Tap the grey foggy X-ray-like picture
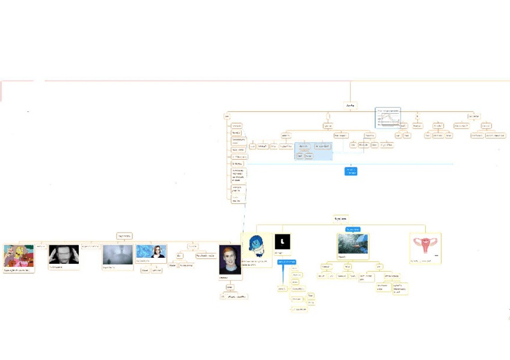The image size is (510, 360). tap(117, 254)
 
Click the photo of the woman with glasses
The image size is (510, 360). tap(151, 252)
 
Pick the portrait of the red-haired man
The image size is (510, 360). tap(230, 259)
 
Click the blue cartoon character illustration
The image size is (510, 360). tap(256, 246)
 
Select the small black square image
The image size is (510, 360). tap(283, 242)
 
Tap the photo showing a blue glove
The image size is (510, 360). tap(353, 244)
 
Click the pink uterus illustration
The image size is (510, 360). tap(425, 247)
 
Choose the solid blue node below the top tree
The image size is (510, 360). tap(351, 171)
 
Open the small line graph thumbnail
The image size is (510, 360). tap(388, 117)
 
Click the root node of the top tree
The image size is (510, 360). tap(351, 106)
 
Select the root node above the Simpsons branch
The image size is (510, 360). tap(124, 236)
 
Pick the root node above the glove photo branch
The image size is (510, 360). tap(340, 218)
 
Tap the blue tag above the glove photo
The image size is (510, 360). tap(352, 229)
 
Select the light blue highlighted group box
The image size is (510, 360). tap(313, 151)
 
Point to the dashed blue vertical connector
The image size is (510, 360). tap(245, 213)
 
